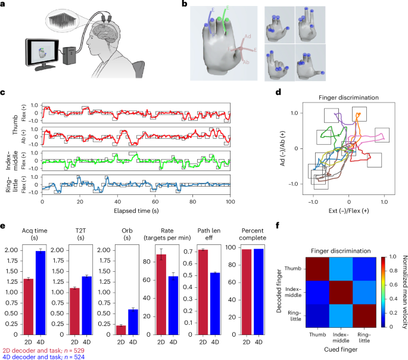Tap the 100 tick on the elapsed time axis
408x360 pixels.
click(x=229, y=201)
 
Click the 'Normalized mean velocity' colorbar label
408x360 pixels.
click(x=400, y=288)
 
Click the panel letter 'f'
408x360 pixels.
click(x=279, y=226)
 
